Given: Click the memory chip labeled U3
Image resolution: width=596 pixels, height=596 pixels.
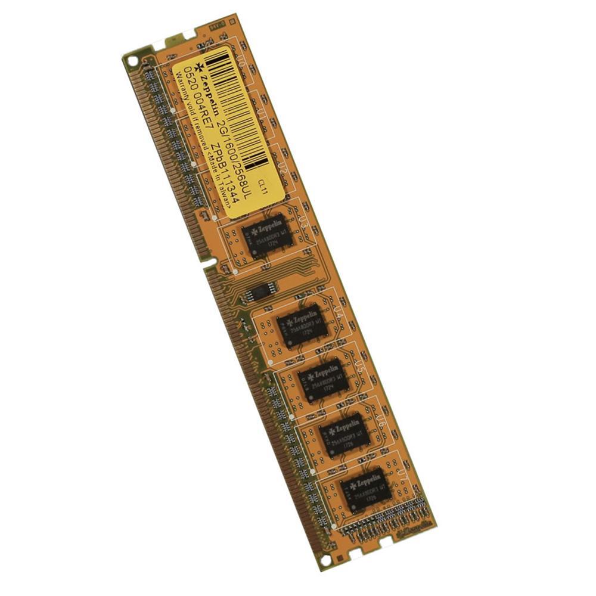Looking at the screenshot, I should click(x=268, y=234).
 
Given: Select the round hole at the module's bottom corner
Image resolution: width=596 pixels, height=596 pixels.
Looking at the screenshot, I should click(x=325, y=560).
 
